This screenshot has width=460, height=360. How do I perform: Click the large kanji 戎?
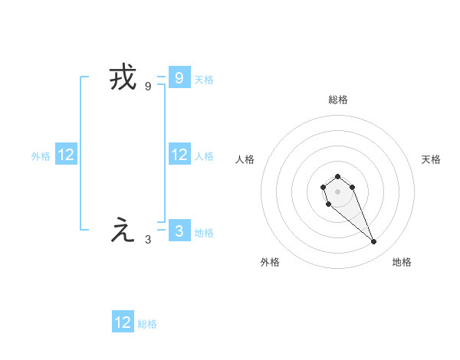point(123,79)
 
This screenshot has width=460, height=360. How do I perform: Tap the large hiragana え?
point(123,231)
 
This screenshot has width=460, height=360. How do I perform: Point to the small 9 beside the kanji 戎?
point(148,87)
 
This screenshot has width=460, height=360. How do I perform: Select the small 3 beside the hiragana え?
point(148,239)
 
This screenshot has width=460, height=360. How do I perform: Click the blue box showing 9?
point(179,77)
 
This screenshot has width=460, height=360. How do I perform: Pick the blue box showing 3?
point(179,231)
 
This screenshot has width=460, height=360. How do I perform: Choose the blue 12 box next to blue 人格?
point(179,155)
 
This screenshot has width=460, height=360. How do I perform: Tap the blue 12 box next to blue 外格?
point(66,155)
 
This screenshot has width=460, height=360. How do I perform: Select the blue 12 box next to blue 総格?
point(123,322)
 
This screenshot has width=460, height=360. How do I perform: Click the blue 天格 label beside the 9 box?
point(204,79)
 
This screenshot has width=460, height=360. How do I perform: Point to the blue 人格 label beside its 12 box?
point(204,156)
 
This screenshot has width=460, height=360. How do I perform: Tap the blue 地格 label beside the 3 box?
point(204,232)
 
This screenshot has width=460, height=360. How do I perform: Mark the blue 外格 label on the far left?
point(41,156)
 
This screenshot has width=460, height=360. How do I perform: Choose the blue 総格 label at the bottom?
point(147,324)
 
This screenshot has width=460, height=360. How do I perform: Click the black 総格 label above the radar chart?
point(337,100)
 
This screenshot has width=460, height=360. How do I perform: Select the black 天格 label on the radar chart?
point(431,159)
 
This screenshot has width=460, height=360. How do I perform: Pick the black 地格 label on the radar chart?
point(402,262)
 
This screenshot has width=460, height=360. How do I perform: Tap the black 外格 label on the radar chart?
point(270,262)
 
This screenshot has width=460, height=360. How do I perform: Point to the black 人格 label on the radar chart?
point(245,159)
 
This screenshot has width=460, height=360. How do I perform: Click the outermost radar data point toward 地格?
point(373,242)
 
